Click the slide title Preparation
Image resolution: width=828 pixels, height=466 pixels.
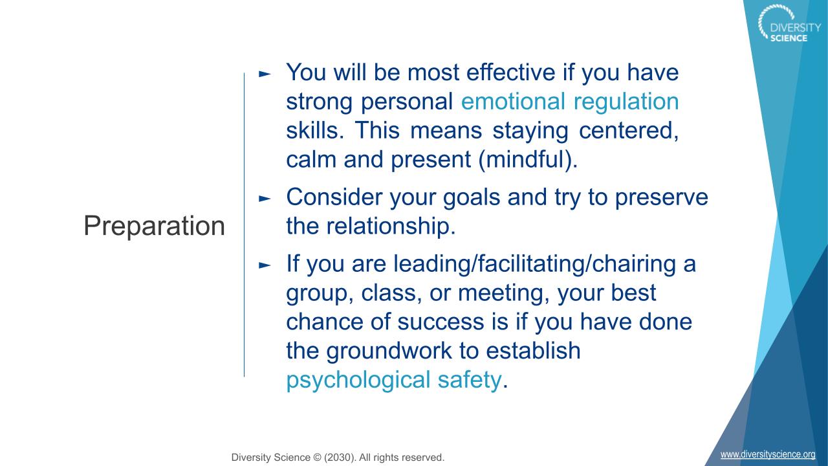[x=155, y=226]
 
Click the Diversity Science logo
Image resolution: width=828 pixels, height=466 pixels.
[x=789, y=23]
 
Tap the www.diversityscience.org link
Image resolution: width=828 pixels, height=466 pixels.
[x=768, y=454]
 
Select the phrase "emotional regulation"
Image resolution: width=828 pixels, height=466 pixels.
[x=570, y=102]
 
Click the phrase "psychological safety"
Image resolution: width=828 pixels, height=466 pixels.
[x=394, y=381]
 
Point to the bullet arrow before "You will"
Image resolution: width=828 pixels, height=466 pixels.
[x=265, y=74]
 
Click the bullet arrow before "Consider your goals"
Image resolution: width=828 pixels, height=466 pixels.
[x=265, y=199]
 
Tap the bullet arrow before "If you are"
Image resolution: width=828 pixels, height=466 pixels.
[x=265, y=265]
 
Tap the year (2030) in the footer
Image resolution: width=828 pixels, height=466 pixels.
[x=340, y=458]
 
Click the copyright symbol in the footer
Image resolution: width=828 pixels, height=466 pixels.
[x=317, y=458]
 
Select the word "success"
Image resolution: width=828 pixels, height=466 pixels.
[x=441, y=322]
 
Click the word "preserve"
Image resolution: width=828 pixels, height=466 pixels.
[x=661, y=198]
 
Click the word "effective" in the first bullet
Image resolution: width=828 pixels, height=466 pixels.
[x=510, y=72]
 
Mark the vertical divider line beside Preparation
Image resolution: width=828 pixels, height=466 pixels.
[x=244, y=225]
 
